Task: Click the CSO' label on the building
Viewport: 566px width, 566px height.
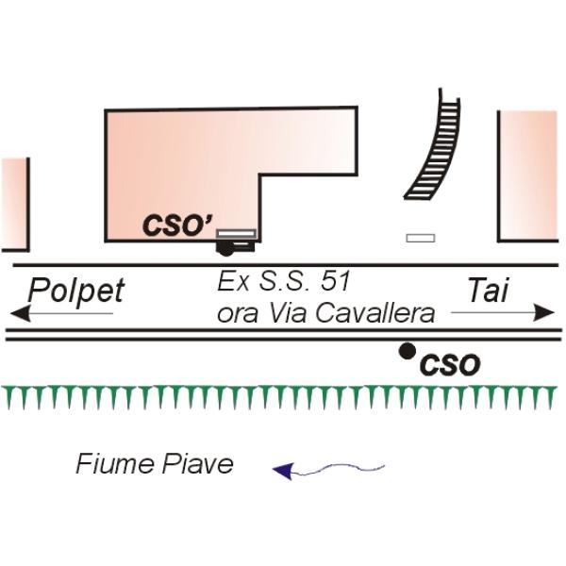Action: [174, 226]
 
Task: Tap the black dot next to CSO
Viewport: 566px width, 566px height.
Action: [407, 351]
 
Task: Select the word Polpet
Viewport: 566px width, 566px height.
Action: [75, 290]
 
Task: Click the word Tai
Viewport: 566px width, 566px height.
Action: [488, 290]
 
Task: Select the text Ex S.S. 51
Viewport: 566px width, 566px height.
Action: [284, 282]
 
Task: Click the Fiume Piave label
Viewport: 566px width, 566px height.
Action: [155, 464]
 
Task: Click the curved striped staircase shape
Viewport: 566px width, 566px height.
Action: [432, 148]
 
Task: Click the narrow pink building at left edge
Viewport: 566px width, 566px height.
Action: [14, 204]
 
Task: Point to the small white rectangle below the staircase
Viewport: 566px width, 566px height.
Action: [420, 238]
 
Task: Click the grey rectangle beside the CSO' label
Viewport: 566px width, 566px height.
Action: [236, 233]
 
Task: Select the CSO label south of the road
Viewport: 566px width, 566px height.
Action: [449, 365]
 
